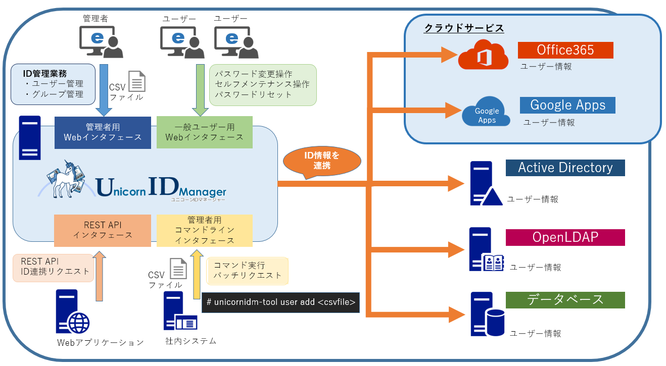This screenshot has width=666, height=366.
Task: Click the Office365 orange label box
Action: tap(565, 50)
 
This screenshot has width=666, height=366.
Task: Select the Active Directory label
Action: tap(565, 168)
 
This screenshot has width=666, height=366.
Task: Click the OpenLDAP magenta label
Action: tap(565, 237)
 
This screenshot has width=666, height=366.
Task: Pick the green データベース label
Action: tap(565, 299)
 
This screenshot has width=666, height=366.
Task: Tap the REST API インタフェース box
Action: tap(103, 230)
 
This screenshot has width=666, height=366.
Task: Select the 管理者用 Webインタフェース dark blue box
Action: tap(103, 132)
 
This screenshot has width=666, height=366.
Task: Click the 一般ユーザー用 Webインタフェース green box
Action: tap(204, 132)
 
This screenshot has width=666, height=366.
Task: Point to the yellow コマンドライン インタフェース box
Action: tap(204, 230)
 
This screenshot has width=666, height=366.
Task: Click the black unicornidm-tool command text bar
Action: tap(280, 302)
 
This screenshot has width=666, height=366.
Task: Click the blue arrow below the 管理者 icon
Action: tap(105, 89)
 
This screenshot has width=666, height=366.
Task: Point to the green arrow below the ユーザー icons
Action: tap(198, 89)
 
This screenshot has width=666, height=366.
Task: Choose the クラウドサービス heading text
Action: tap(463, 28)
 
